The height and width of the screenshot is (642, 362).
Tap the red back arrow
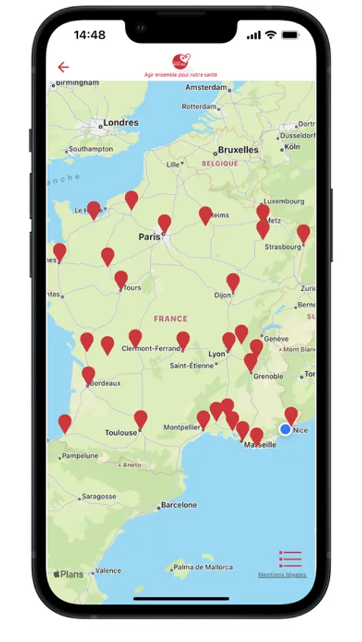pyautogui.click(x=64, y=67)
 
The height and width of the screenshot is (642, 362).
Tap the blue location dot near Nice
pyautogui.click(x=286, y=429)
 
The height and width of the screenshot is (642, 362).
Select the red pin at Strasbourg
pyautogui.click(x=303, y=233)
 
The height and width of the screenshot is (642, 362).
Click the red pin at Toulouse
pyautogui.click(x=141, y=419)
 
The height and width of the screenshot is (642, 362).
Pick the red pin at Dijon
pyautogui.click(x=233, y=282)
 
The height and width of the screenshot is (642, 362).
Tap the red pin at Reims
pyautogui.click(x=206, y=215)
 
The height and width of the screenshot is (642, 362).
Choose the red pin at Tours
pyautogui.click(x=121, y=279)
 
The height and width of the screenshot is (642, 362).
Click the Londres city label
pyautogui.click(x=121, y=123)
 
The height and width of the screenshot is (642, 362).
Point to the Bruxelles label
pyautogui.click(x=238, y=151)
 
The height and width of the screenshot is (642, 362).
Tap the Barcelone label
pyautogui.click(x=179, y=505)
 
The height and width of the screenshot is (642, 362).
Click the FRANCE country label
pyautogui.click(x=171, y=319)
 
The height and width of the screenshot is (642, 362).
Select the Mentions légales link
pyautogui.click(x=282, y=575)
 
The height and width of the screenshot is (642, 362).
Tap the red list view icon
pyautogui.click(x=291, y=559)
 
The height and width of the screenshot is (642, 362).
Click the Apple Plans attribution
pyautogui.click(x=68, y=574)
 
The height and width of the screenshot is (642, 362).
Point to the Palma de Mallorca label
pyautogui.click(x=203, y=567)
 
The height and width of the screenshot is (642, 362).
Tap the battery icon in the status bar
pyautogui.click(x=291, y=35)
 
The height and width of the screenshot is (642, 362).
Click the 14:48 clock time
pyautogui.click(x=89, y=35)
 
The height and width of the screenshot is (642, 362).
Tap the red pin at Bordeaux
pyautogui.click(x=89, y=375)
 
